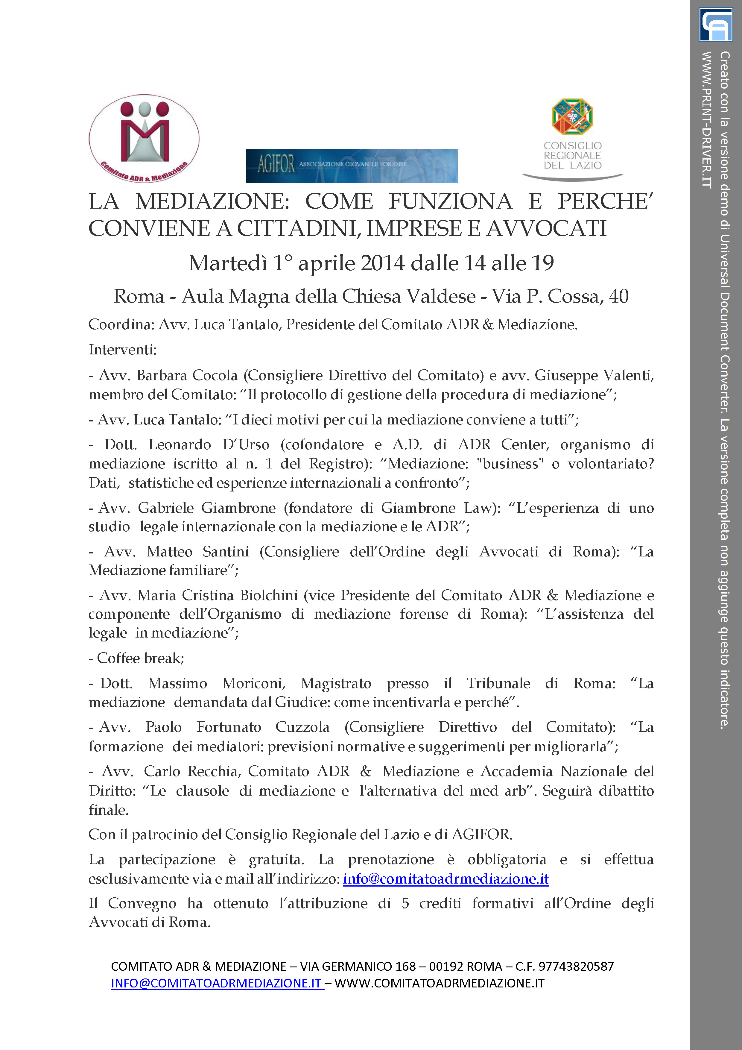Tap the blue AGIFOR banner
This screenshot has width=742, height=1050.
coord(351,166)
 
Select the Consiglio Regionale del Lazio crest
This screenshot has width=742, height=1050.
coord(572,117)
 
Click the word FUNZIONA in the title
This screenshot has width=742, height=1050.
coord(450,202)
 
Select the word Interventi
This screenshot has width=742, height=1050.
coord(122,350)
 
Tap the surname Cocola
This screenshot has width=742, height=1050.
coord(215,375)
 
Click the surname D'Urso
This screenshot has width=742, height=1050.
coord(246,444)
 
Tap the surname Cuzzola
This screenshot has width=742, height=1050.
coord(302,727)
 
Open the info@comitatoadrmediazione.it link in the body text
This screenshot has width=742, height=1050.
coord(446,878)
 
